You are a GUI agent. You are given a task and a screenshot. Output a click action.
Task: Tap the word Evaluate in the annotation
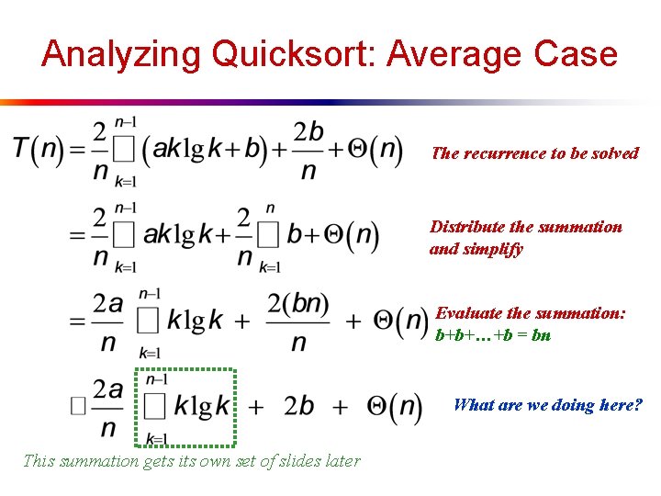[x=474, y=313]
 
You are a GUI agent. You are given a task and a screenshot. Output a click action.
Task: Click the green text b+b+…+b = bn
[x=492, y=335]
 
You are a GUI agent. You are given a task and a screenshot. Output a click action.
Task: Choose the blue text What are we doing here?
[x=547, y=405]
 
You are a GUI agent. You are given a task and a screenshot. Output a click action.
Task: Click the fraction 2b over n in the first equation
[x=308, y=151]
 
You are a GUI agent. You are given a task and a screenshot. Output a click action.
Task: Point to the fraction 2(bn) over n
[x=298, y=321]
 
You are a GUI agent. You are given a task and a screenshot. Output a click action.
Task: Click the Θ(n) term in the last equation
[x=393, y=408]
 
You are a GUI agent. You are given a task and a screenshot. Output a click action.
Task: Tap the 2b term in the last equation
[x=299, y=407]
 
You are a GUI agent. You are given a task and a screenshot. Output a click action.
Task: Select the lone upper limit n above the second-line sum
[x=269, y=209]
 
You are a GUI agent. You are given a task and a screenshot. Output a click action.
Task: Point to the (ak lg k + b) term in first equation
[x=210, y=151]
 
